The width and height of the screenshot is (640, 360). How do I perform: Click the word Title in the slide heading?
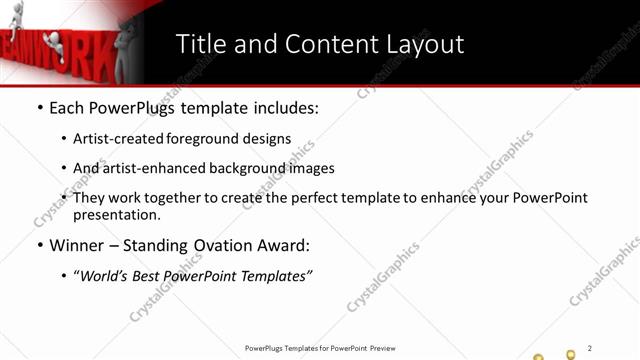tap(204, 44)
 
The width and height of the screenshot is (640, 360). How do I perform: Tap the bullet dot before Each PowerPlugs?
tap(39, 107)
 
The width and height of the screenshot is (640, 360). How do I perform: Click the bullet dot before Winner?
tap(39, 245)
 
